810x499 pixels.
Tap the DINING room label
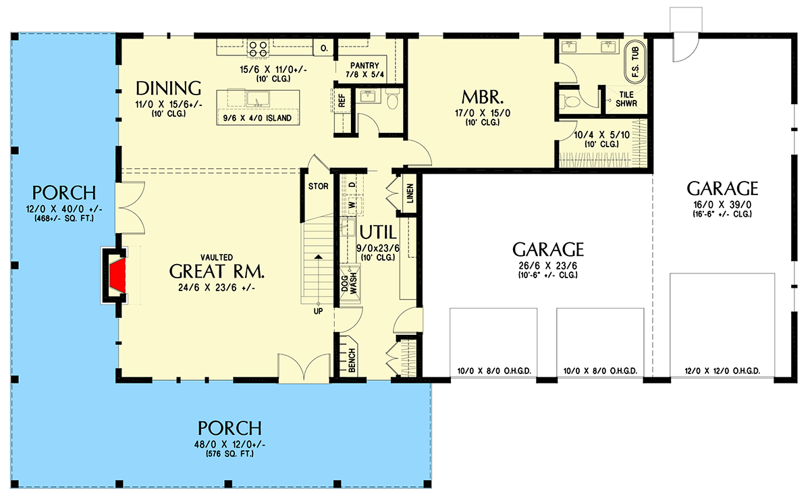169,88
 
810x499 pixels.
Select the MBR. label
480,95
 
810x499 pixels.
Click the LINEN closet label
410,195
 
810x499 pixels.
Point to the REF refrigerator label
342,101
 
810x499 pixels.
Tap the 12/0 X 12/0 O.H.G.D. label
722,371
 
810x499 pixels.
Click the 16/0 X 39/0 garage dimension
722,205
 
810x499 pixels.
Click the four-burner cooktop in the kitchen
258,47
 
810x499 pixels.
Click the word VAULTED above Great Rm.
216,257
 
